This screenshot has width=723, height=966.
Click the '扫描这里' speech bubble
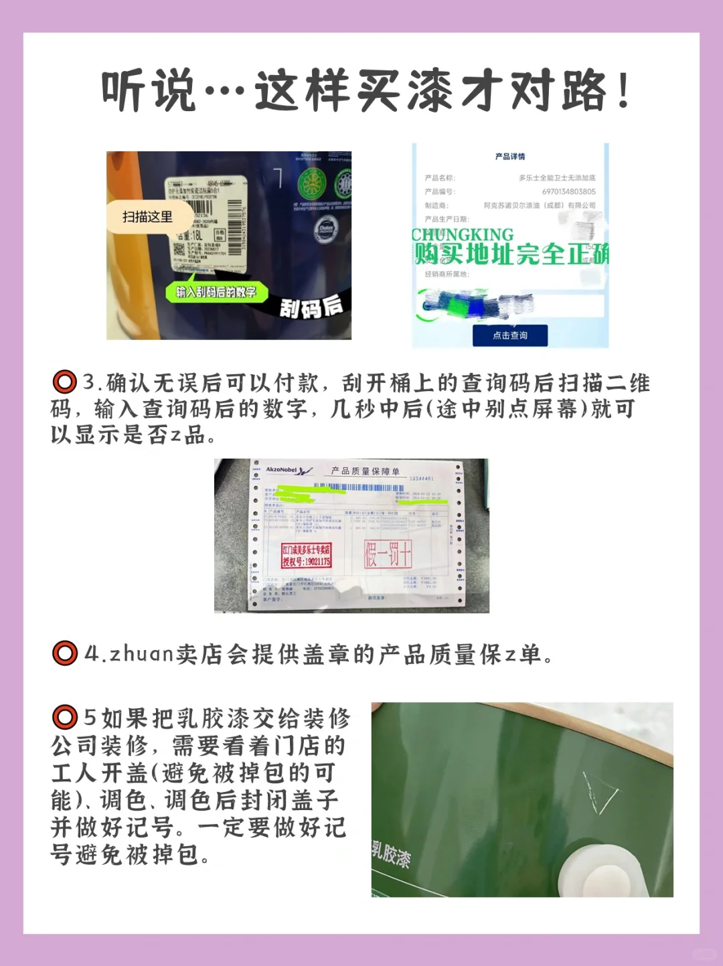tap(148, 217)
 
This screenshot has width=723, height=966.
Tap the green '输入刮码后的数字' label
tap(216, 292)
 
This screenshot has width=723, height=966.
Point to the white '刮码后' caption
tap(311, 307)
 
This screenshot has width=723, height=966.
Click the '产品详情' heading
tap(510, 157)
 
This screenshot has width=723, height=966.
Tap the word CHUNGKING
tap(463, 235)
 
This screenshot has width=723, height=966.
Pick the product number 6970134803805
tap(568, 191)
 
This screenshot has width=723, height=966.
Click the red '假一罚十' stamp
tap(388, 554)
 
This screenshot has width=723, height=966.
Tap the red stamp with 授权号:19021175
tap(307, 556)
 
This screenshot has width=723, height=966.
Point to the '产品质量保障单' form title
tap(366, 471)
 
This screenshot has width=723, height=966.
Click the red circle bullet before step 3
tap(65, 382)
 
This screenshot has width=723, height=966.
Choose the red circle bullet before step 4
tap(65, 653)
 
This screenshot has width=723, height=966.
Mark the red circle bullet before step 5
tap(65, 718)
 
